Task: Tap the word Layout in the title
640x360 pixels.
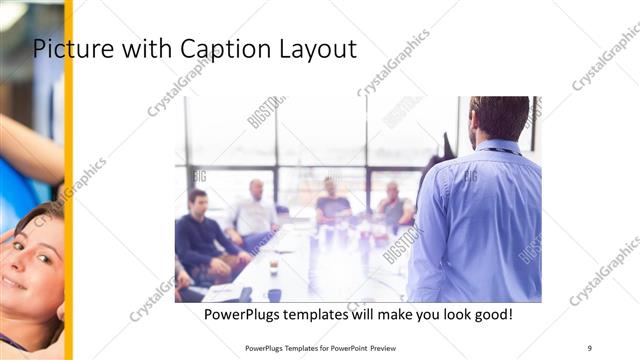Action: point(315,48)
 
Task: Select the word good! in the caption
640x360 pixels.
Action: point(491,314)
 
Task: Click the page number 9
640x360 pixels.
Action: point(589,347)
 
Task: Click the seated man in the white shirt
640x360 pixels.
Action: point(254,210)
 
